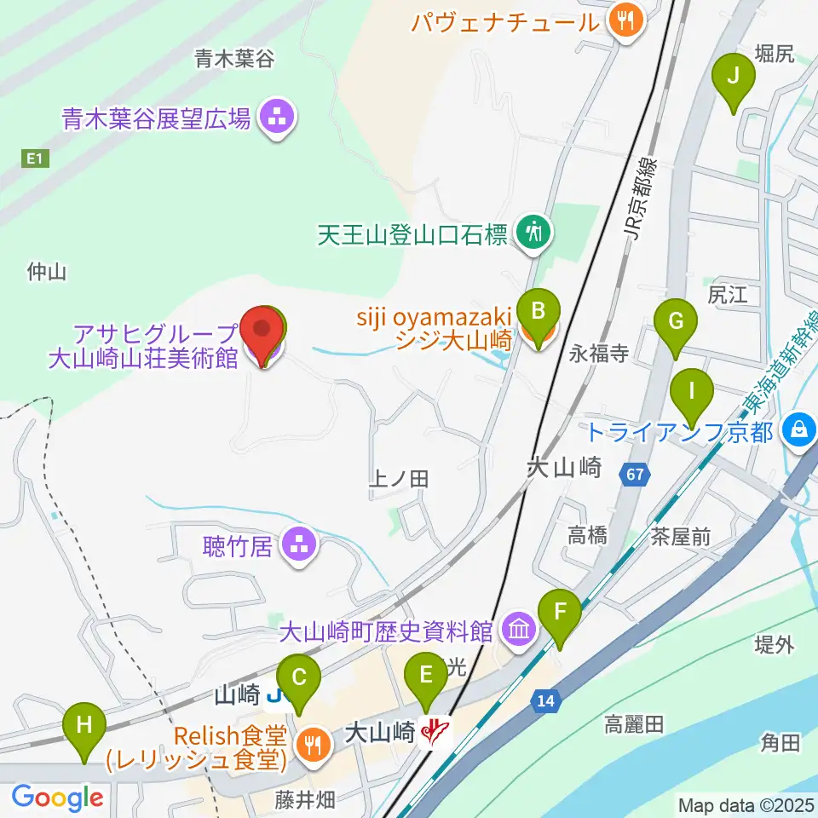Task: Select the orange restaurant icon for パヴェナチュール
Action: [625, 21]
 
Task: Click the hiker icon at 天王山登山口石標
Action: [534, 233]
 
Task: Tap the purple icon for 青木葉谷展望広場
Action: [276, 118]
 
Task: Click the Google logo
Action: [58, 798]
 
